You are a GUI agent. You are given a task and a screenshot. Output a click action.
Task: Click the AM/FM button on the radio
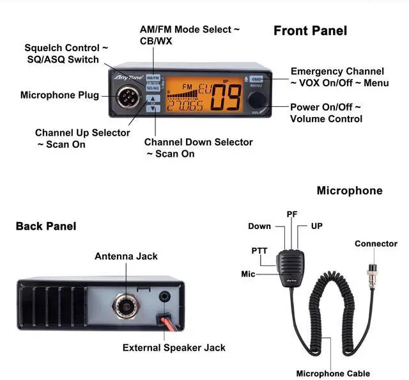pos(153,77)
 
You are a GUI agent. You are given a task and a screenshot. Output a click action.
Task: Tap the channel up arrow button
pos(153,99)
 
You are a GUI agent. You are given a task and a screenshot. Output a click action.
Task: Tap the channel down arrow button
pos(153,108)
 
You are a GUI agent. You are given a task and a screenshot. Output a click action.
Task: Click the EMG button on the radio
pos(256,80)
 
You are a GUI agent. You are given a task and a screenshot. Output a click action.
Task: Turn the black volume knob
pos(257,99)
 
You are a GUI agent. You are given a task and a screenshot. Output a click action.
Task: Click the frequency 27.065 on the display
pos(185,106)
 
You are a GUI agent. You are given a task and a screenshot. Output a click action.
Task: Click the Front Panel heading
pos(310,31)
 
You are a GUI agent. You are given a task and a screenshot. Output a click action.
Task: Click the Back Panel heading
pos(46,226)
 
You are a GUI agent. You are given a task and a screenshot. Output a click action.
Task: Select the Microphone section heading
pos(349,191)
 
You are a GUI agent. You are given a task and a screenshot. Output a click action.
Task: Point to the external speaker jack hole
pos(166,297)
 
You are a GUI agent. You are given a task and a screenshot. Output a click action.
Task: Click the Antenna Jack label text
pos(126,256)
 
